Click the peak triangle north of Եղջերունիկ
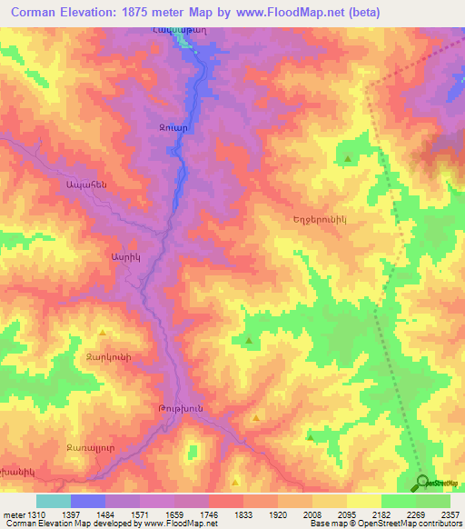(348, 160)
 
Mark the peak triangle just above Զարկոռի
(102, 332)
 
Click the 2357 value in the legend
(449, 514)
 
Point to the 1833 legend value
(243, 514)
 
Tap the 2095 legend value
(346, 514)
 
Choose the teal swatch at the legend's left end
(53, 501)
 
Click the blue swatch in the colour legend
(87, 501)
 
